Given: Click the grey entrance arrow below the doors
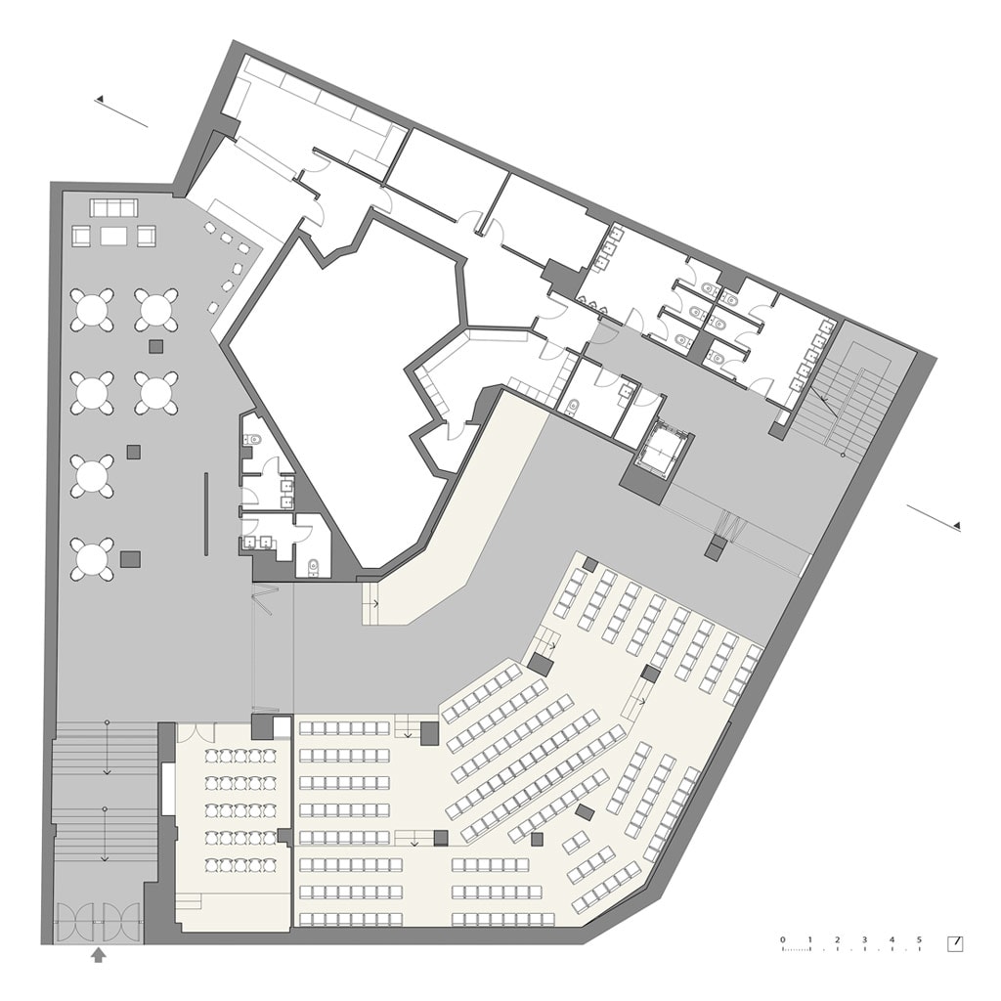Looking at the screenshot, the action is point(98,955).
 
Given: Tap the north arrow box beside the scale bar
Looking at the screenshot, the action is point(955,943).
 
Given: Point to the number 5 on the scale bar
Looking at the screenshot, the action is point(919,939).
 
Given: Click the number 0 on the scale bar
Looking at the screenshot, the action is point(783,939).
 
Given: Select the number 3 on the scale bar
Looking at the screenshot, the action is point(865,939).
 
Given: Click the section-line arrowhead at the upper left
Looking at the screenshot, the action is point(100,99).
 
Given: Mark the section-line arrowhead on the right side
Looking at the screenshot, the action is point(956,525).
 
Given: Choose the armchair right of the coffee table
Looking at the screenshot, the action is point(147,237).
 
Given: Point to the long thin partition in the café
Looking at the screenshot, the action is point(206,514).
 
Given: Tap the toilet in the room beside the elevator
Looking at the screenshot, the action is point(574,406).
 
